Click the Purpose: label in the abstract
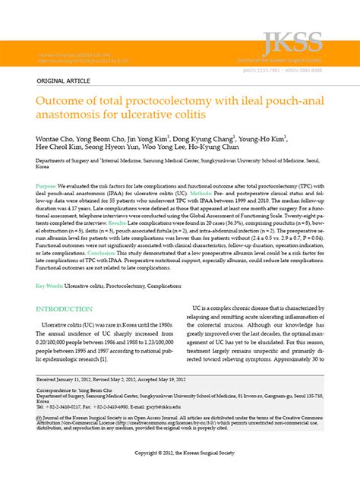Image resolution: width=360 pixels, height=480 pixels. coord(46,186)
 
